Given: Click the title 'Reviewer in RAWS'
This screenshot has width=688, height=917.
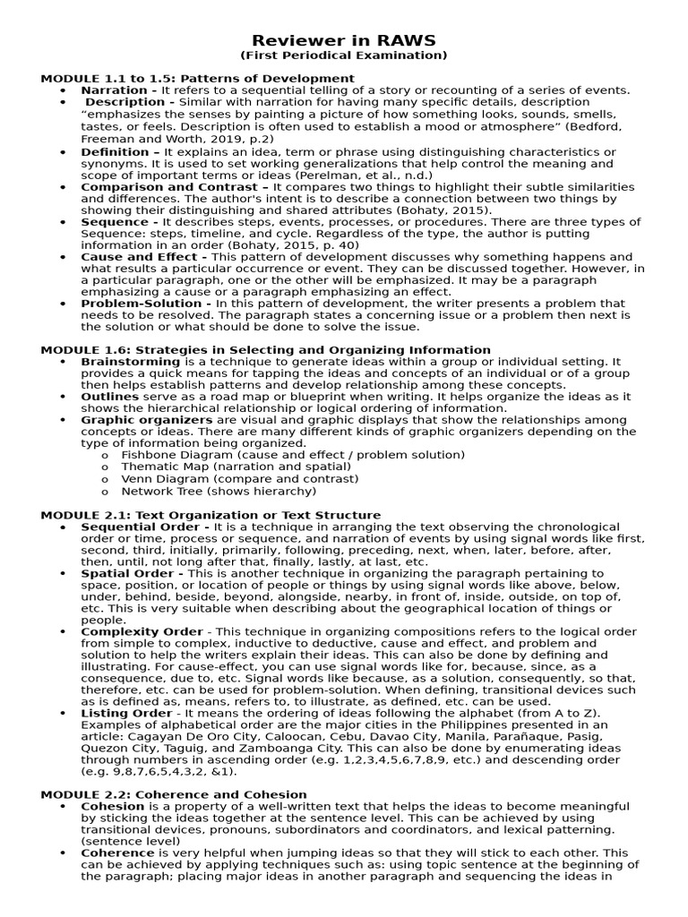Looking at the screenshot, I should [343, 40].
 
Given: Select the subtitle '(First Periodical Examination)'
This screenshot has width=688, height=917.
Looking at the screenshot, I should [343, 56].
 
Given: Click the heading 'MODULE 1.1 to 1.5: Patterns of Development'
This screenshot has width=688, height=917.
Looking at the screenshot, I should [197, 79].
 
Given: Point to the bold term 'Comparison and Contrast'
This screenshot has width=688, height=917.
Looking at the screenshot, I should [161, 187].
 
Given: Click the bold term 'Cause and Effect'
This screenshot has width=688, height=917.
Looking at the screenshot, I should [141, 257].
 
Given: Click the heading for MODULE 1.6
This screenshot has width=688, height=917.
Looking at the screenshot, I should [265, 350].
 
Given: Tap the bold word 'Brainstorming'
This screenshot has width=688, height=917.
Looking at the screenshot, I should [131, 362].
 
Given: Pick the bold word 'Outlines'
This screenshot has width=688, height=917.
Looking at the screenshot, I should [109, 397].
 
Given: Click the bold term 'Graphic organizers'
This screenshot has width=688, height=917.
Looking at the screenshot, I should [146, 420].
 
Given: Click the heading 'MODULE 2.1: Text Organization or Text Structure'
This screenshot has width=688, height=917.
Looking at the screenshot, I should [211, 515].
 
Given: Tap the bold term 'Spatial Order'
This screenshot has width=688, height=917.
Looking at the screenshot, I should [130, 573].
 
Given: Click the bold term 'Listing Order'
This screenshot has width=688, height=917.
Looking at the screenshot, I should [126, 714].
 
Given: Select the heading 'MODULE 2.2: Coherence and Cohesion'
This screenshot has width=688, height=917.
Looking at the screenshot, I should [174, 794].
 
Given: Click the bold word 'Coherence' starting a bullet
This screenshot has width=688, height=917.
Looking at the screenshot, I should [117, 853].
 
